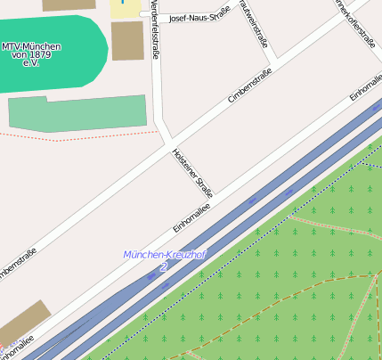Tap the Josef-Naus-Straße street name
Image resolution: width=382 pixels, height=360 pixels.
[x=199, y=15]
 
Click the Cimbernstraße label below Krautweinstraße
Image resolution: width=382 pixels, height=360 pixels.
[x=249, y=89]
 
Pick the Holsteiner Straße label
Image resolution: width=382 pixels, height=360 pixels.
[x=193, y=172]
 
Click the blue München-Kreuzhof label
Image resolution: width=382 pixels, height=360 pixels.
[x=165, y=255]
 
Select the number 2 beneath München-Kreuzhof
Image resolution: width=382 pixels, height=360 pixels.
[x=163, y=266]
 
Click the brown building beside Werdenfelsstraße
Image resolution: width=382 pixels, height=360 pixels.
[x=127, y=41]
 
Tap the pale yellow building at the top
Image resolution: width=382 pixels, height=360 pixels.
[x=126, y=8]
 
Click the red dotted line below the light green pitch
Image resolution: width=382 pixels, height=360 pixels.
[x=89, y=136]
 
